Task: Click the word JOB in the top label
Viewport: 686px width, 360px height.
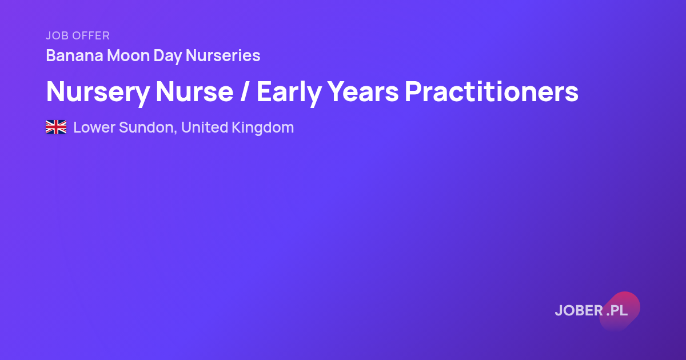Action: tap(57, 36)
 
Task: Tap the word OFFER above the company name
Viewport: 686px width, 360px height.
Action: tap(91, 36)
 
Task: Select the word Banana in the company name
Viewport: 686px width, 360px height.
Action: tap(74, 55)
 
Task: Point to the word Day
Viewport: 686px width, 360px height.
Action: tap(167, 57)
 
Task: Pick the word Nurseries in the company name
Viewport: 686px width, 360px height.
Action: tap(223, 55)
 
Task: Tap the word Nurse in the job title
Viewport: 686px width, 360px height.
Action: tap(195, 91)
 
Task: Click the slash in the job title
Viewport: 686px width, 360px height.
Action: tap(244, 91)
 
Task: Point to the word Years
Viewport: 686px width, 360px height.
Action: tap(363, 91)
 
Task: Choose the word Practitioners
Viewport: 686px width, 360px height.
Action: tap(492, 91)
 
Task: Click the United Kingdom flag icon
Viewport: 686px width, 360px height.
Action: tap(56, 127)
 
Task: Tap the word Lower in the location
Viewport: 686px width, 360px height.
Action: tap(94, 127)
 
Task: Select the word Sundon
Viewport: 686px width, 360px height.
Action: tap(146, 127)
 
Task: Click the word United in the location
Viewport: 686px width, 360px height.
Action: tap(205, 127)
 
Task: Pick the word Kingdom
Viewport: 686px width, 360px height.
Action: tap(263, 128)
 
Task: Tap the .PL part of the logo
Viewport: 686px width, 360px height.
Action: tap(617, 310)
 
